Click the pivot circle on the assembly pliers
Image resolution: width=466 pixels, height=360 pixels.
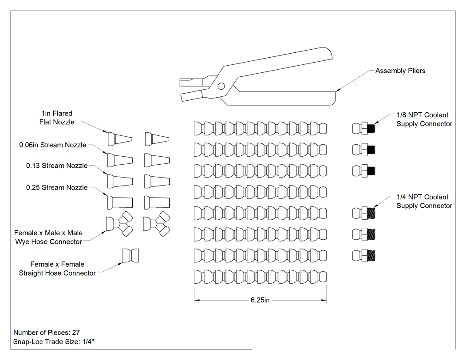pyautogui.click(x=221, y=86)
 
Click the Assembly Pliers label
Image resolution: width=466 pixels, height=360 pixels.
pyautogui.click(x=400, y=71)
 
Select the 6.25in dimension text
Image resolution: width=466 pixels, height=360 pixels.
pyautogui.click(x=260, y=300)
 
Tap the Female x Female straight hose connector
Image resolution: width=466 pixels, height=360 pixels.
pyautogui.click(x=131, y=256)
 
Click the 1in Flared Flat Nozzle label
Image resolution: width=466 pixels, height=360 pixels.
pyautogui.click(x=57, y=118)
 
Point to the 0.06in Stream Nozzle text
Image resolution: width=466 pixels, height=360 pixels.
pyautogui.click(x=53, y=145)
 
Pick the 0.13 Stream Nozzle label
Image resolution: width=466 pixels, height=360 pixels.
pyautogui.click(x=57, y=166)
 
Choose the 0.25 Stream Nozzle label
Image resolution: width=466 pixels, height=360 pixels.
pyautogui.click(x=57, y=188)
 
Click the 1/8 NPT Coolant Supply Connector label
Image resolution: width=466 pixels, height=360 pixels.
pyautogui.click(x=424, y=119)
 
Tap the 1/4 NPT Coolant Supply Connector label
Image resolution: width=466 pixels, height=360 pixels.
pyautogui.click(x=424, y=201)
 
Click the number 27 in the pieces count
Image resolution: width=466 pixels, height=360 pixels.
pyautogui.click(x=76, y=332)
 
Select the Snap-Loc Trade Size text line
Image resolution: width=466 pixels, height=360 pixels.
pyautogui.click(x=54, y=342)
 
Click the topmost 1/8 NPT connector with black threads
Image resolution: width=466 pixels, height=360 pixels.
pyautogui.click(x=364, y=128)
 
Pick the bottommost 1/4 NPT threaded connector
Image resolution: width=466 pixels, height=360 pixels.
pyautogui.click(x=364, y=256)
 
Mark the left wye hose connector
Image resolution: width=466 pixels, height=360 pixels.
pyautogui.click(x=119, y=224)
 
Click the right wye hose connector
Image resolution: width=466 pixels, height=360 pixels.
pyautogui.click(x=157, y=224)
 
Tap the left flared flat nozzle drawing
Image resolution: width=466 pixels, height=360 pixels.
pyautogui.click(x=120, y=139)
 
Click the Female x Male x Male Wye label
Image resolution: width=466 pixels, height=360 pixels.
pyautogui.click(x=48, y=237)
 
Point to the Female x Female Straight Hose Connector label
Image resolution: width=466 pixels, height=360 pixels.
pyautogui.click(x=57, y=269)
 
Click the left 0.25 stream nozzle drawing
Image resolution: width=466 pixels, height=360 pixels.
pyautogui.click(x=120, y=202)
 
